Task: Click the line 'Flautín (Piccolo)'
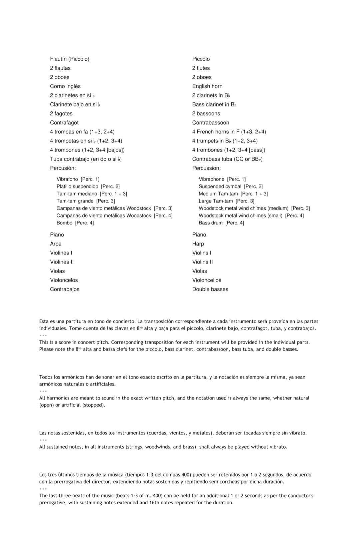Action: (x=70, y=59)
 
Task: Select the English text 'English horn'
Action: (x=207, y=86)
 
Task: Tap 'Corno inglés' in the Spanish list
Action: (x=65, y=86)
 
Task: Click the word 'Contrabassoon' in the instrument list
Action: (x=211, y=123)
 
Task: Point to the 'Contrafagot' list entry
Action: (x=64, y=123)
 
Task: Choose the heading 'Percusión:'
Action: (x=63, y=168)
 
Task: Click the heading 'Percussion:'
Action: (x=206, y=168)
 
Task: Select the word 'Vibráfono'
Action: (x=67, y=179)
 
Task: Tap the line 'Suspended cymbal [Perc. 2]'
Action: (x=231, y=187)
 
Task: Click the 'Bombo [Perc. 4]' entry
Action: (x=75, y=223)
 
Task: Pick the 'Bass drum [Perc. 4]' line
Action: (x=221, y=223)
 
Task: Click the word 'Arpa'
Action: (x=56, y=244)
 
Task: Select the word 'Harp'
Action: (x=198, y=244)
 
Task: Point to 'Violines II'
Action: (x=62, y=262)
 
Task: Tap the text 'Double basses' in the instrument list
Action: (x=210, y=290)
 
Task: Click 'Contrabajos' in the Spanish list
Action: (x=65, y=290)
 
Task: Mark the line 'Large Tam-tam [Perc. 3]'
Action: (x=226, y=201)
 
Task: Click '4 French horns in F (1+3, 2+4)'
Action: (x=229, y=132)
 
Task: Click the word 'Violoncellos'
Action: (x=207, y=281)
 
